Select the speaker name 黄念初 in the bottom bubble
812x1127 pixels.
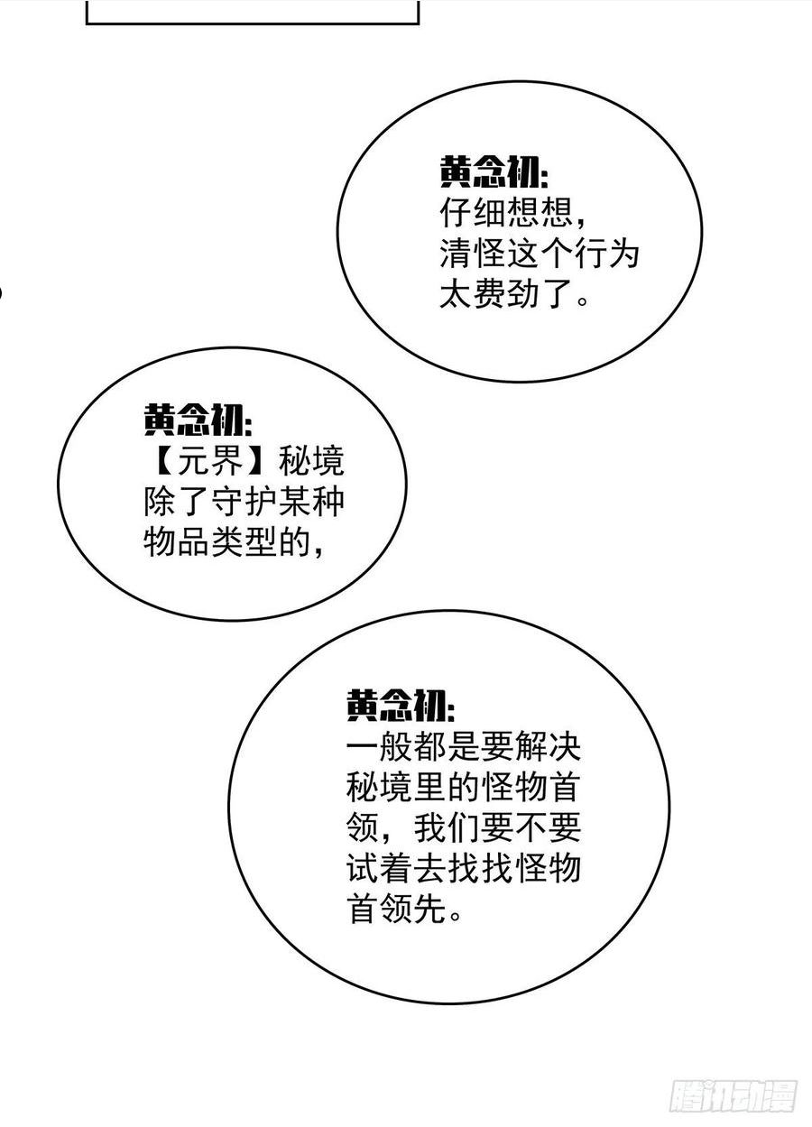[395, 705]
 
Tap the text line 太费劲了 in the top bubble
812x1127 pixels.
[506, 293]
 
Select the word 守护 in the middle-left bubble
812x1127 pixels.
[244, 501]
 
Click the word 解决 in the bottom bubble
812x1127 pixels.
[548, 746]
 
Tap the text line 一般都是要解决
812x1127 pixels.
[464, 746]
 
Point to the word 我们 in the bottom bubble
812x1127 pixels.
[447, 827]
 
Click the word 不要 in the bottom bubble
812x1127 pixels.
[548, 827]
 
